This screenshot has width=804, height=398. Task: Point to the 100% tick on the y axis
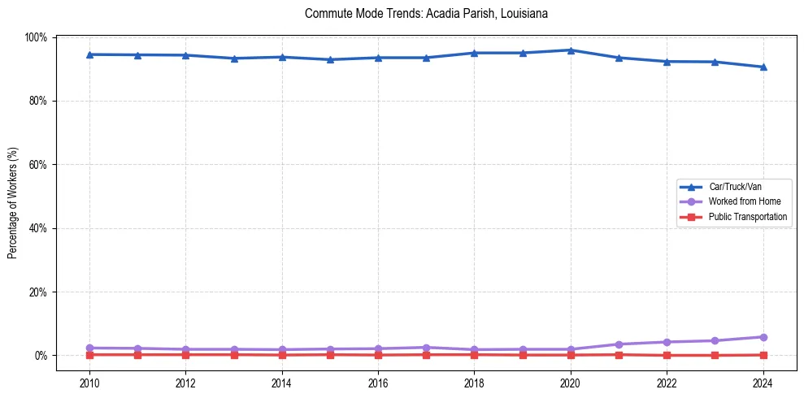(37, 37)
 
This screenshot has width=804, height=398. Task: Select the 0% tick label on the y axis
(41, 356)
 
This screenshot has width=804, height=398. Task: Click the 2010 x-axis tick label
(89, 383)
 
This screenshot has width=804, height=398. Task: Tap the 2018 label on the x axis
(474, 383)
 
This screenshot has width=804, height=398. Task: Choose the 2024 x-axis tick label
(763, 383)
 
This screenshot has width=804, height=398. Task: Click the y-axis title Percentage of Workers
(13, 196)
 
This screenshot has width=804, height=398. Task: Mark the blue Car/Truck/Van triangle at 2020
(571, 50)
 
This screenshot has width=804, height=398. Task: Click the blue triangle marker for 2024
(763, 67)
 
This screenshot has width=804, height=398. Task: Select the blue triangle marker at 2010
(89, 54)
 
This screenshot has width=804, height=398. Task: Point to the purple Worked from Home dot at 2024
(763, 337)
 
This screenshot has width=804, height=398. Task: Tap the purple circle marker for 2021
(619, 344)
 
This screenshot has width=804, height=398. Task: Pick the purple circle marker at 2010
(89, 348)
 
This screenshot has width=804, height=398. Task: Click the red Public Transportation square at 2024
(763, 355)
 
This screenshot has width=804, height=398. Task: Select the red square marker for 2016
(378, 355)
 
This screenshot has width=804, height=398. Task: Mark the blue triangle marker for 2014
(282, 57)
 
